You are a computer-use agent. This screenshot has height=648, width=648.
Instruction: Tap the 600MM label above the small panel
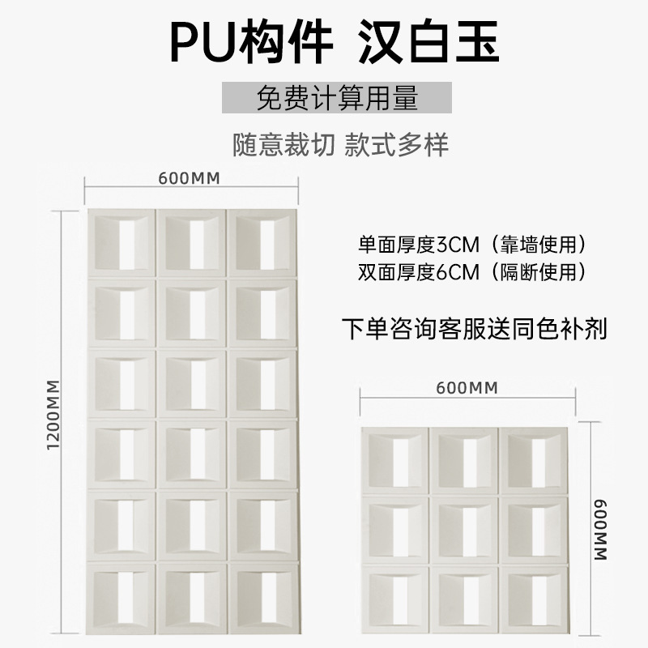click(466, 388)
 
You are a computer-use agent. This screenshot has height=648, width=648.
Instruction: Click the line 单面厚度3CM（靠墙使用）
click(472, 244)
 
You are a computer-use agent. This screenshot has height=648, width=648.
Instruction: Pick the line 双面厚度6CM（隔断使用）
click(472, 271)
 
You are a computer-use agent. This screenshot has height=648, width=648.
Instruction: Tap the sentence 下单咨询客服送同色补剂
click(474, 330)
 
